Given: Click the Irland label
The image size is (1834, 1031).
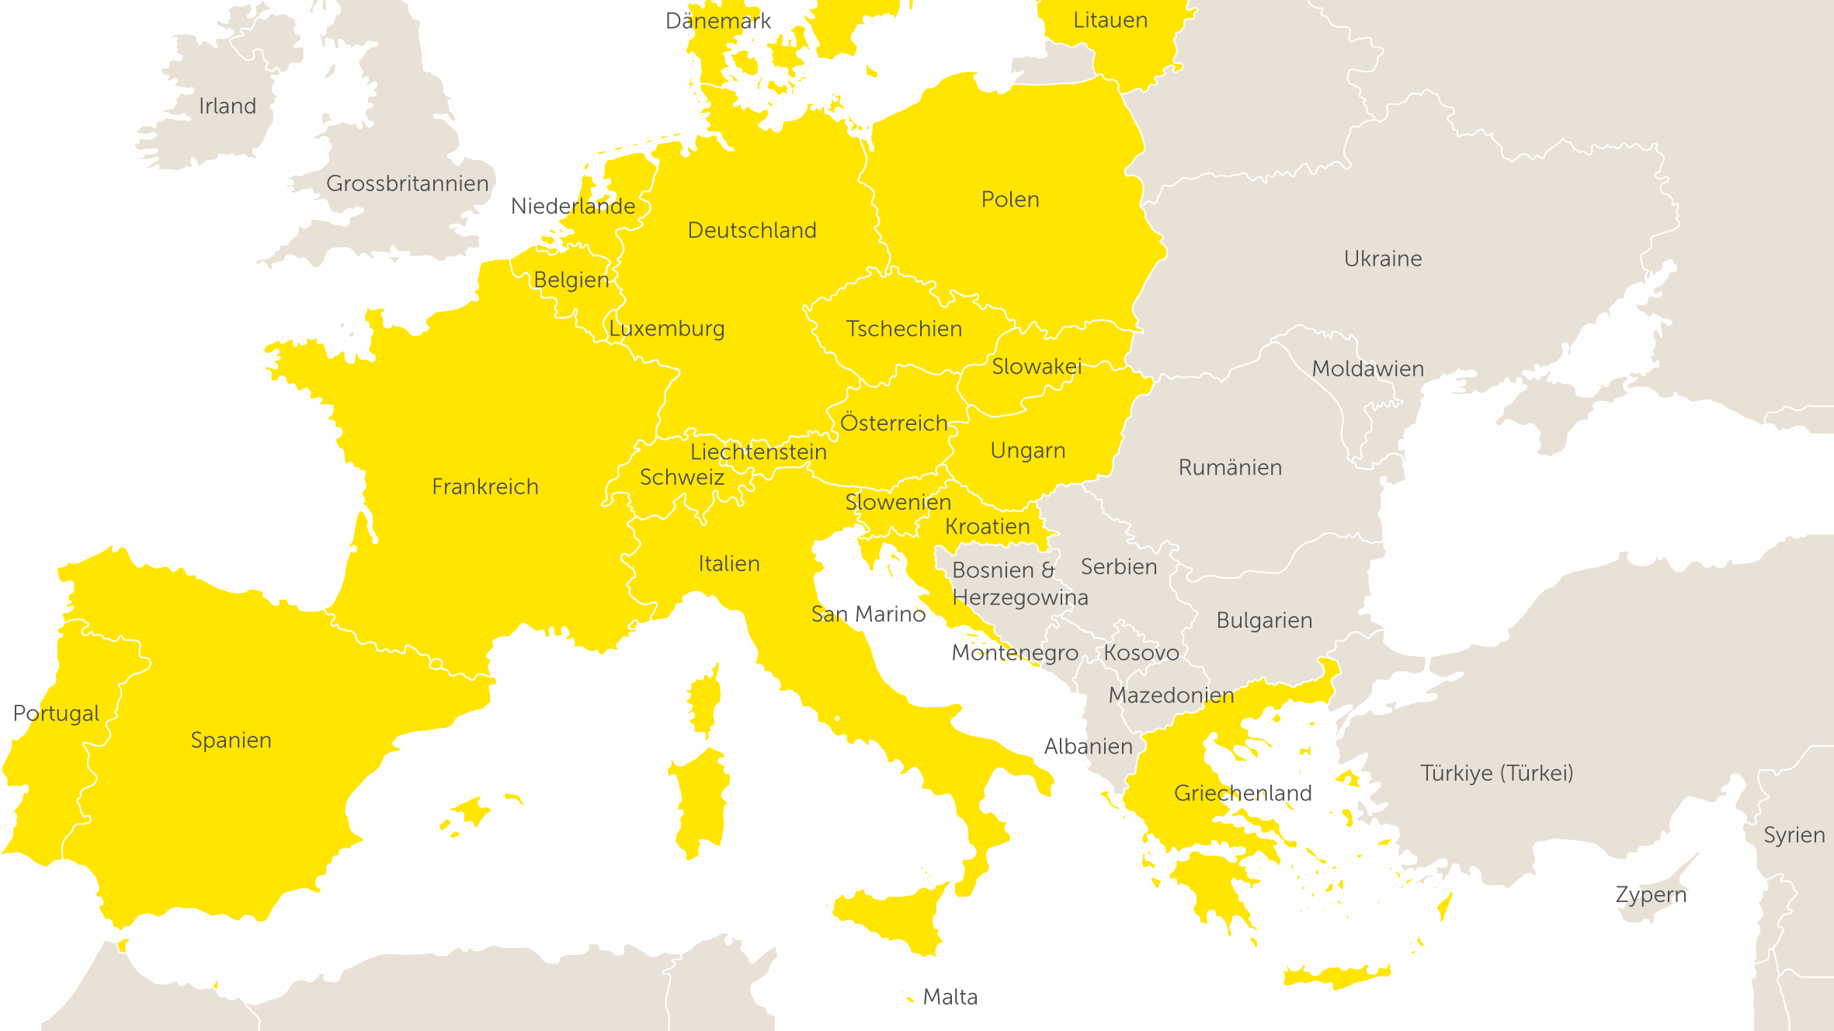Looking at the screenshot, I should [228, 106].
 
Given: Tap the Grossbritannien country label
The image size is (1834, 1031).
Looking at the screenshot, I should [407, 184].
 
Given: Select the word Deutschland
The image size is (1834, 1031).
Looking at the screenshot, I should [752, 231].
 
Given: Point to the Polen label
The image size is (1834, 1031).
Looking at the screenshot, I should [1010, 200].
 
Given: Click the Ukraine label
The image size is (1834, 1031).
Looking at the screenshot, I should [1383, 259].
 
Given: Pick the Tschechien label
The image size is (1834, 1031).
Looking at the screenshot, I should [904, 329].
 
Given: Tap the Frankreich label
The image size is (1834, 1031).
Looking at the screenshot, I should [485, 487].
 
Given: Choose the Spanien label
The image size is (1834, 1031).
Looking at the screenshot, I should [231, 740].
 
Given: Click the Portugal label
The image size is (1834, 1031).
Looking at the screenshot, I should [56, 714].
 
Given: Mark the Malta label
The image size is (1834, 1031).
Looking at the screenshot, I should [950, 997].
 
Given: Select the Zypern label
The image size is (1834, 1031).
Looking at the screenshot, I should [1651, 895].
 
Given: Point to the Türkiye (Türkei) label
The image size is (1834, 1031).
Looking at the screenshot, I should [1496, 774].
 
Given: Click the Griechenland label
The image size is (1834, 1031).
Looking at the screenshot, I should [1242, 793].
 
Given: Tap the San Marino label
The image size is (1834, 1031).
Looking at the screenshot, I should [868, 615].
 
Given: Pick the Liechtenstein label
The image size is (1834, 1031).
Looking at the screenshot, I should [758, 452].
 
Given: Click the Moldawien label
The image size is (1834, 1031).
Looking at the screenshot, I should [1367, 369].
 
